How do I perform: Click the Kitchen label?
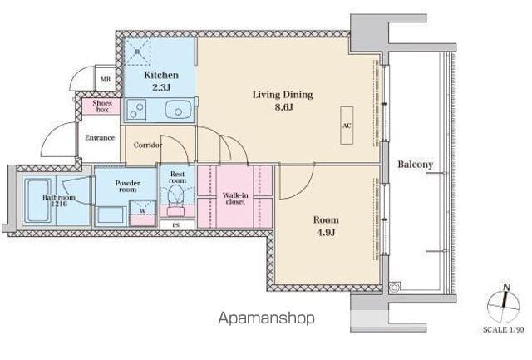point(161,75)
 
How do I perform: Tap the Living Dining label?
point(283,95)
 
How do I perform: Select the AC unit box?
point(347,126)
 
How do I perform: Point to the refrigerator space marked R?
point(138,52)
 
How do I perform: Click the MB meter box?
point(106,79)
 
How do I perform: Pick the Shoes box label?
point(102,106)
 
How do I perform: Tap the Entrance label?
point(100,138)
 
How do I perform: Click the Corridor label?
point(148,145)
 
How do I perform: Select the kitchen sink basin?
point(179,110)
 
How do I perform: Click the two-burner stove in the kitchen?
point(136,110)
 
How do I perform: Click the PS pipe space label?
point(176,225)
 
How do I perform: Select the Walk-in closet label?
point(235,199)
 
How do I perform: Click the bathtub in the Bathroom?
point(38,200)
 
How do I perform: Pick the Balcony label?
point(416,165)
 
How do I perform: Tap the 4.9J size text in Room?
point(326,233)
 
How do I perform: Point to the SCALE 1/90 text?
point(504,329)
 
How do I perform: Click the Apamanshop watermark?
point(267,318)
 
